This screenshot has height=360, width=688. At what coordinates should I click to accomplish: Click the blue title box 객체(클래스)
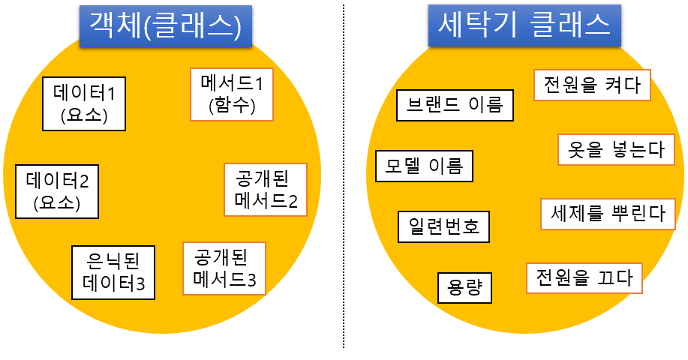click(x=165, y=27)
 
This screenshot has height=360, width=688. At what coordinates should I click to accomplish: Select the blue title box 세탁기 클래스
click(x=524, y=27)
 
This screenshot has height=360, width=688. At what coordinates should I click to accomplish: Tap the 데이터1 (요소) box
click(x=84, y=103)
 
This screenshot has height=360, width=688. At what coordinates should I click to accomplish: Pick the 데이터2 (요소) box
click(x=57, y=191)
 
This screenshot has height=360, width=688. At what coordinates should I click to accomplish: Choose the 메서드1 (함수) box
click(x=232, y=94)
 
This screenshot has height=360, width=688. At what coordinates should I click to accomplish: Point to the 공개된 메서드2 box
click(x=266, y=190)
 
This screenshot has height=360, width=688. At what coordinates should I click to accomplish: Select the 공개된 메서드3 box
click(x=224, y=268)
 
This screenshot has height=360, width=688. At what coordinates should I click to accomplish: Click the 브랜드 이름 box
click(x=455, y=104)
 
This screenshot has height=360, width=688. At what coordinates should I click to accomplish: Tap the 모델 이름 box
click(x=424, y=166)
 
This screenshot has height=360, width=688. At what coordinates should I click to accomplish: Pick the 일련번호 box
click(x=443, y=226)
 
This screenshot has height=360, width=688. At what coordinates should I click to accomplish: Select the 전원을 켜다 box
click(x=592, y=85)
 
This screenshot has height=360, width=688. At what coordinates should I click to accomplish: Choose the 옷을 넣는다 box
click(x=616, y=149)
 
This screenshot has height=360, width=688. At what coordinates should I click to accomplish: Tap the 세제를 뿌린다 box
click(x=608, y=214)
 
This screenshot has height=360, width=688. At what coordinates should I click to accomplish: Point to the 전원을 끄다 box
click(x=584, y=278)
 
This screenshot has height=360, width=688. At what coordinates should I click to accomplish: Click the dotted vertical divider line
click(x=344, y=180)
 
